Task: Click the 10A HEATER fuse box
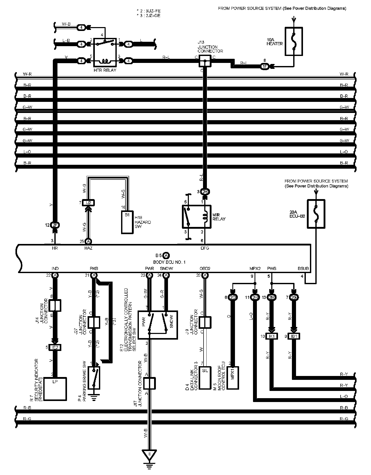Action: [294, 42]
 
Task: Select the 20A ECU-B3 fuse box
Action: [316, 214]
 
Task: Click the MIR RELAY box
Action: [197, 217]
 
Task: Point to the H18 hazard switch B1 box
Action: [128, 222]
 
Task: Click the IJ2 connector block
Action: [88, 203]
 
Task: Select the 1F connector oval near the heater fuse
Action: [265, 66]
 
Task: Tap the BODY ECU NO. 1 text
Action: [169, 262]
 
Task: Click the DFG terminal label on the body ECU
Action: [205, 248]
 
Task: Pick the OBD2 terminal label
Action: [205, 268]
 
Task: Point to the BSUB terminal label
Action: [303, 268]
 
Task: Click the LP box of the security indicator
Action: [55, 389]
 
